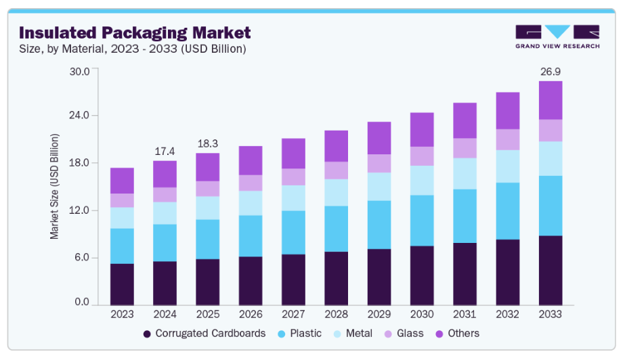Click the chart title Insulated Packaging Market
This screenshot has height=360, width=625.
(135, 32)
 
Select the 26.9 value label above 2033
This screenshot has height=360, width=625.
(551, 71)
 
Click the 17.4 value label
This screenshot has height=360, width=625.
(165, 150)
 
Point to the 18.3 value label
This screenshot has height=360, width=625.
(207, 143)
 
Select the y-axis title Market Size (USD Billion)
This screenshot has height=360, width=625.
(55, 186)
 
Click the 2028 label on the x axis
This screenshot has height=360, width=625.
(336, 315)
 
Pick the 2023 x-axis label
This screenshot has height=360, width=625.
(122, 315)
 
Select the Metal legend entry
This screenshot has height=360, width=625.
(353, 334)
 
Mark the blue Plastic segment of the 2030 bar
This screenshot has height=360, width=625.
(422, 221)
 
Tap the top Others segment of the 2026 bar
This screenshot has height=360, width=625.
(251, 160)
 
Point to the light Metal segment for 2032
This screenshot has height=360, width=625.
(508, 166)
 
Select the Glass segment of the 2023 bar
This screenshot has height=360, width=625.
(122, 200)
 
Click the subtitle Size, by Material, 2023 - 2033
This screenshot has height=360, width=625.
(132, 49)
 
